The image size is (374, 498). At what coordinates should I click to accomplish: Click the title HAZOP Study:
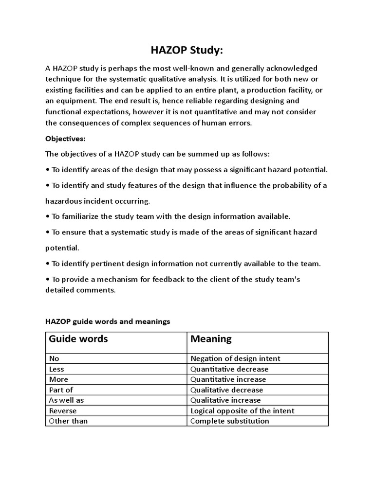tap(187, 51)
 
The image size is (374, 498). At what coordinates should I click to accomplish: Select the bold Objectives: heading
tap(65, 138)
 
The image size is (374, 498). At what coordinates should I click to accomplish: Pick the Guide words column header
tap(78, 338)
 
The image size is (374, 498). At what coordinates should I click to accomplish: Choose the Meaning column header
tap(211, 338)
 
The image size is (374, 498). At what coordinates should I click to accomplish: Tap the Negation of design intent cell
tap(235, 358)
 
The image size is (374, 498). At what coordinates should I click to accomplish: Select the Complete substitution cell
tap(230, 421)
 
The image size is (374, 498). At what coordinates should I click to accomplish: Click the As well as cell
tap(66, 400)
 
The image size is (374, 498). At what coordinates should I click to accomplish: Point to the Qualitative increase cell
tap(225, 400)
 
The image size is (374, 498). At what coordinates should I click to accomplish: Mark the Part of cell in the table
tap(61, 390)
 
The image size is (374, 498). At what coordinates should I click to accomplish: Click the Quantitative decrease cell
tap(229, 369)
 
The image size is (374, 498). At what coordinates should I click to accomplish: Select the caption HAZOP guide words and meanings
tap(108, 321)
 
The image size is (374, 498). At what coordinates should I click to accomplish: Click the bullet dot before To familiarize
tap(47, 216)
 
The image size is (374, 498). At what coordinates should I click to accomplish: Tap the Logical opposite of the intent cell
tap(242, 410)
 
